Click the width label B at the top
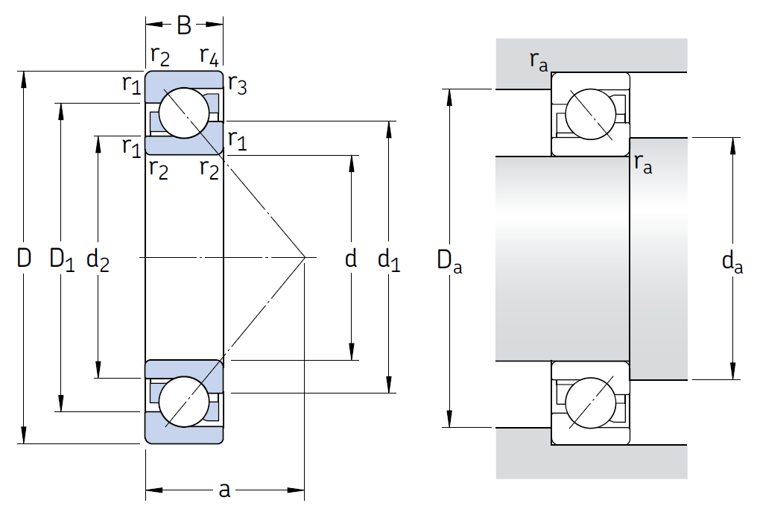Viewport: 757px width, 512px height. [184, 26]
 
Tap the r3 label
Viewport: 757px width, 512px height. [237, 85]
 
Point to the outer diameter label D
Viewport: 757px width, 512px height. [25, 259]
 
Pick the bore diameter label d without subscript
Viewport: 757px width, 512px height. [351, 259]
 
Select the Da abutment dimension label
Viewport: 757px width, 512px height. [449, 260]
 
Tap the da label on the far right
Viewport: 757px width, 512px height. [732, 261]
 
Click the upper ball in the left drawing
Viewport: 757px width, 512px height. [184, 113]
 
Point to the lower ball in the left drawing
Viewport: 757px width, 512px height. [184, 402]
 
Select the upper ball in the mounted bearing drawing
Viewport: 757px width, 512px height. [591, 114]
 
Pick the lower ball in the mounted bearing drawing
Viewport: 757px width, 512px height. [591, 402]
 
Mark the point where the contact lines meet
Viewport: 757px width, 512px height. [305, 258]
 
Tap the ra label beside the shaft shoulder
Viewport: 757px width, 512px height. [643, 164]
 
